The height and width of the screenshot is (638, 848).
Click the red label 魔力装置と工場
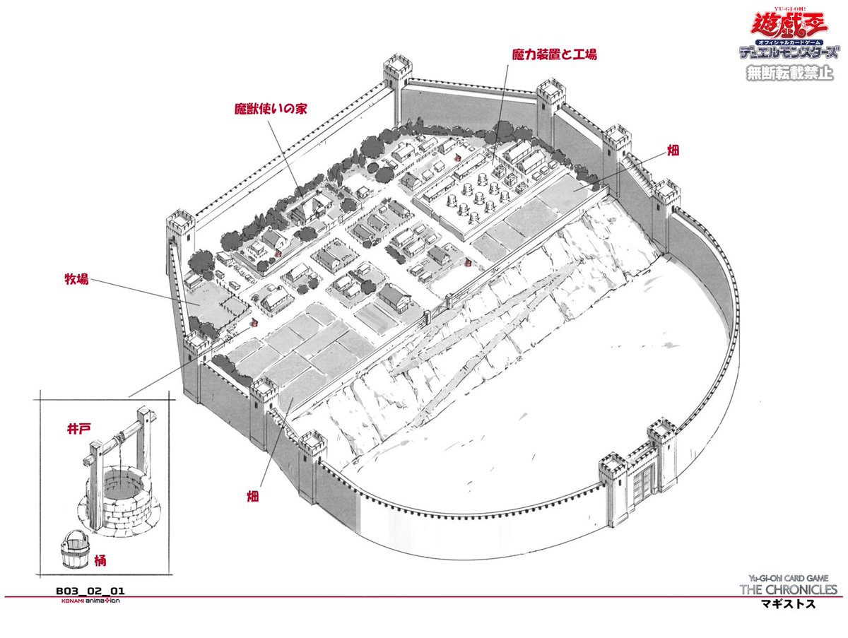click(x=555, y=54)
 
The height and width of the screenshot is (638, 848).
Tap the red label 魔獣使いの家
click(x=272, y=110)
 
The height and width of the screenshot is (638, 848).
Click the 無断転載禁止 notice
click(x=789, y=73)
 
